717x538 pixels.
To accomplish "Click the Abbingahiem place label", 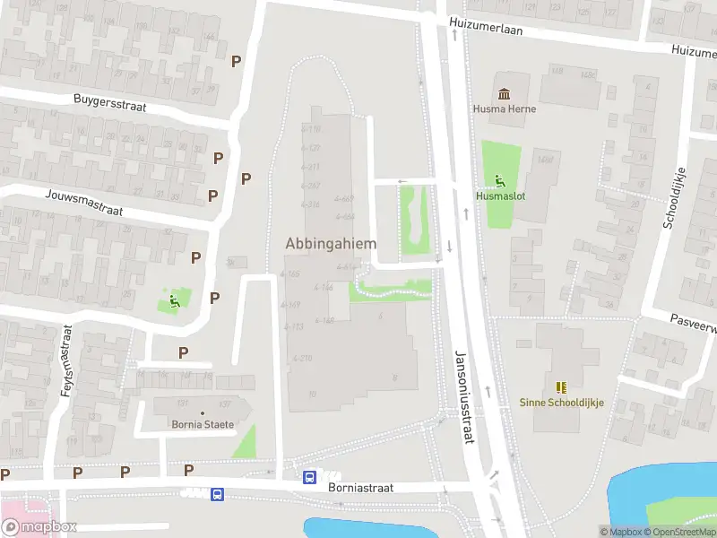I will (330, 243).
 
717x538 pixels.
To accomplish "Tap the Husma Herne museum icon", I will (505, 94).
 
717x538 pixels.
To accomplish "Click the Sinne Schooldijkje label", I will (562, 403).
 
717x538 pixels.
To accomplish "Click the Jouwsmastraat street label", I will (83, 202).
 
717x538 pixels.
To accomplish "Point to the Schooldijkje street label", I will (674, 196).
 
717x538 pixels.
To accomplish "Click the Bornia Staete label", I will (202, 424).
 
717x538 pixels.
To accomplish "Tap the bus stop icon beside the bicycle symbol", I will (309, 477).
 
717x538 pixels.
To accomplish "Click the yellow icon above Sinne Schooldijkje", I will (562, 387).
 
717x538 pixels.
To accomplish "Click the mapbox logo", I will (39, 526).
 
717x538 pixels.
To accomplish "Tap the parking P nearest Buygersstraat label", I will (237, 61).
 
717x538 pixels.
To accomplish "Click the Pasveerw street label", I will (694, 323).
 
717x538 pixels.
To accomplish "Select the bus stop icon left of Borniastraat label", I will (217, 494).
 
